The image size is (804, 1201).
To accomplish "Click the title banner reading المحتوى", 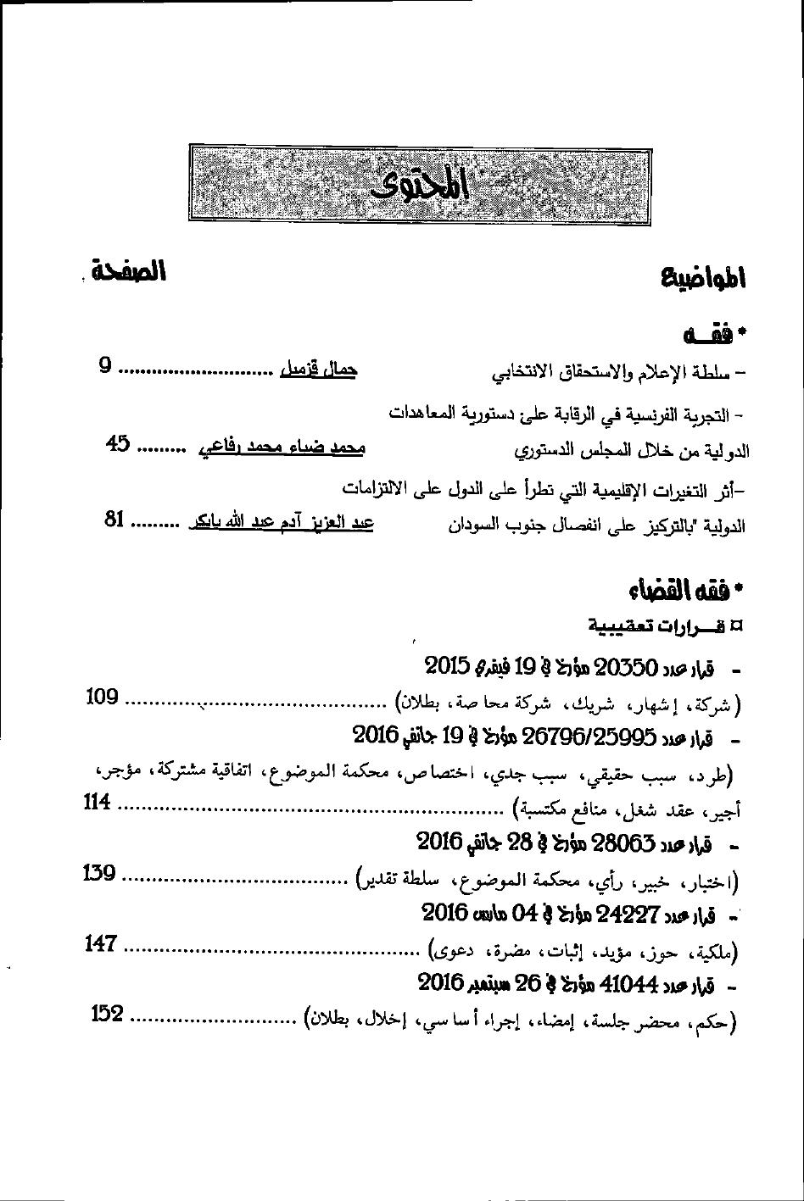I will coord(420,185).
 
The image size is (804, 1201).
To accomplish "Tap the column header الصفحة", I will coord(130,272).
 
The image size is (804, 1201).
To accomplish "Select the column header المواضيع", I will coord(703,277).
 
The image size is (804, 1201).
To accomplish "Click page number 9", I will coord(105,366).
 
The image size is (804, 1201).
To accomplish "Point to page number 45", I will coord(118,443).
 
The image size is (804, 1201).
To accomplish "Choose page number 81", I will coord(115,519).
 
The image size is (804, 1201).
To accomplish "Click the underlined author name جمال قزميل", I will coord(318,370).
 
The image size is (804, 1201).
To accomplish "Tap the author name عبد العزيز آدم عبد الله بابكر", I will coord(281,522).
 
